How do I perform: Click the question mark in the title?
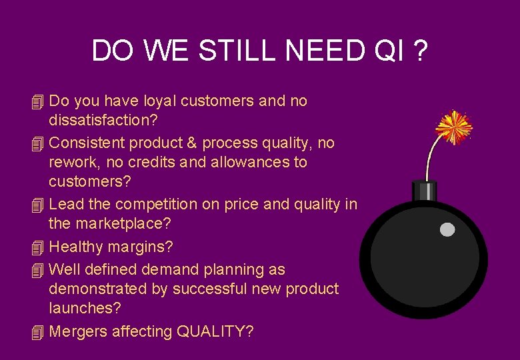click(419, 51)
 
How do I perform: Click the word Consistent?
click(87, 143)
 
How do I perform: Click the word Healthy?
click(77, 247)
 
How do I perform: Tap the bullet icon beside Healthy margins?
click(37, 248)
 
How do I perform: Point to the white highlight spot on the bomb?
click(447, 229)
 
